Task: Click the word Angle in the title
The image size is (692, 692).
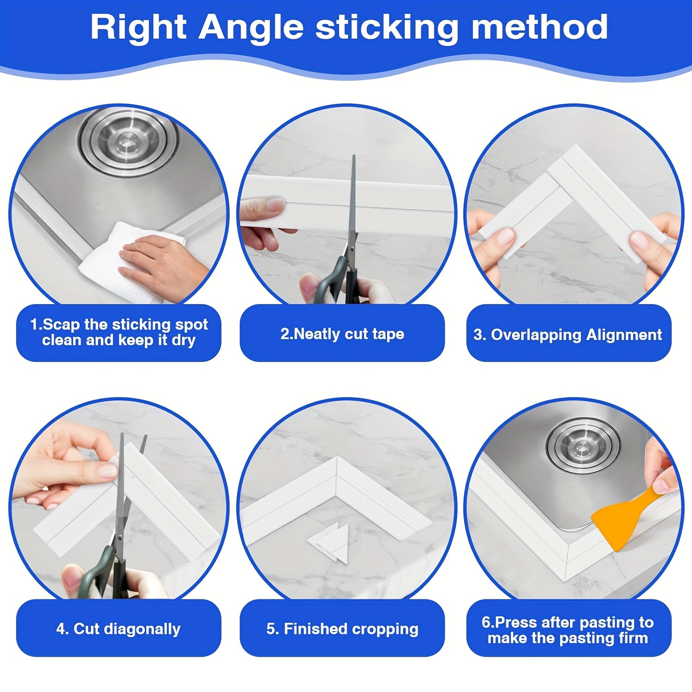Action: [x=251, y=28]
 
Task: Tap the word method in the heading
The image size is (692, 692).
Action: [x=539, y=28]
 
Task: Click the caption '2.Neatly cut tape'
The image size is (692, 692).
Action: [x=342, y=334]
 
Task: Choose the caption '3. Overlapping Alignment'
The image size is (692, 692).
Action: [x=568, y=334]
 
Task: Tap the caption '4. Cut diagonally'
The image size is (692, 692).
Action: [x=119, y=629]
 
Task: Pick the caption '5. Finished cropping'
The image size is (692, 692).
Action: [x=342, y=629]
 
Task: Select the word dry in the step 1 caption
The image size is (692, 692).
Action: [x=184, y=341]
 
